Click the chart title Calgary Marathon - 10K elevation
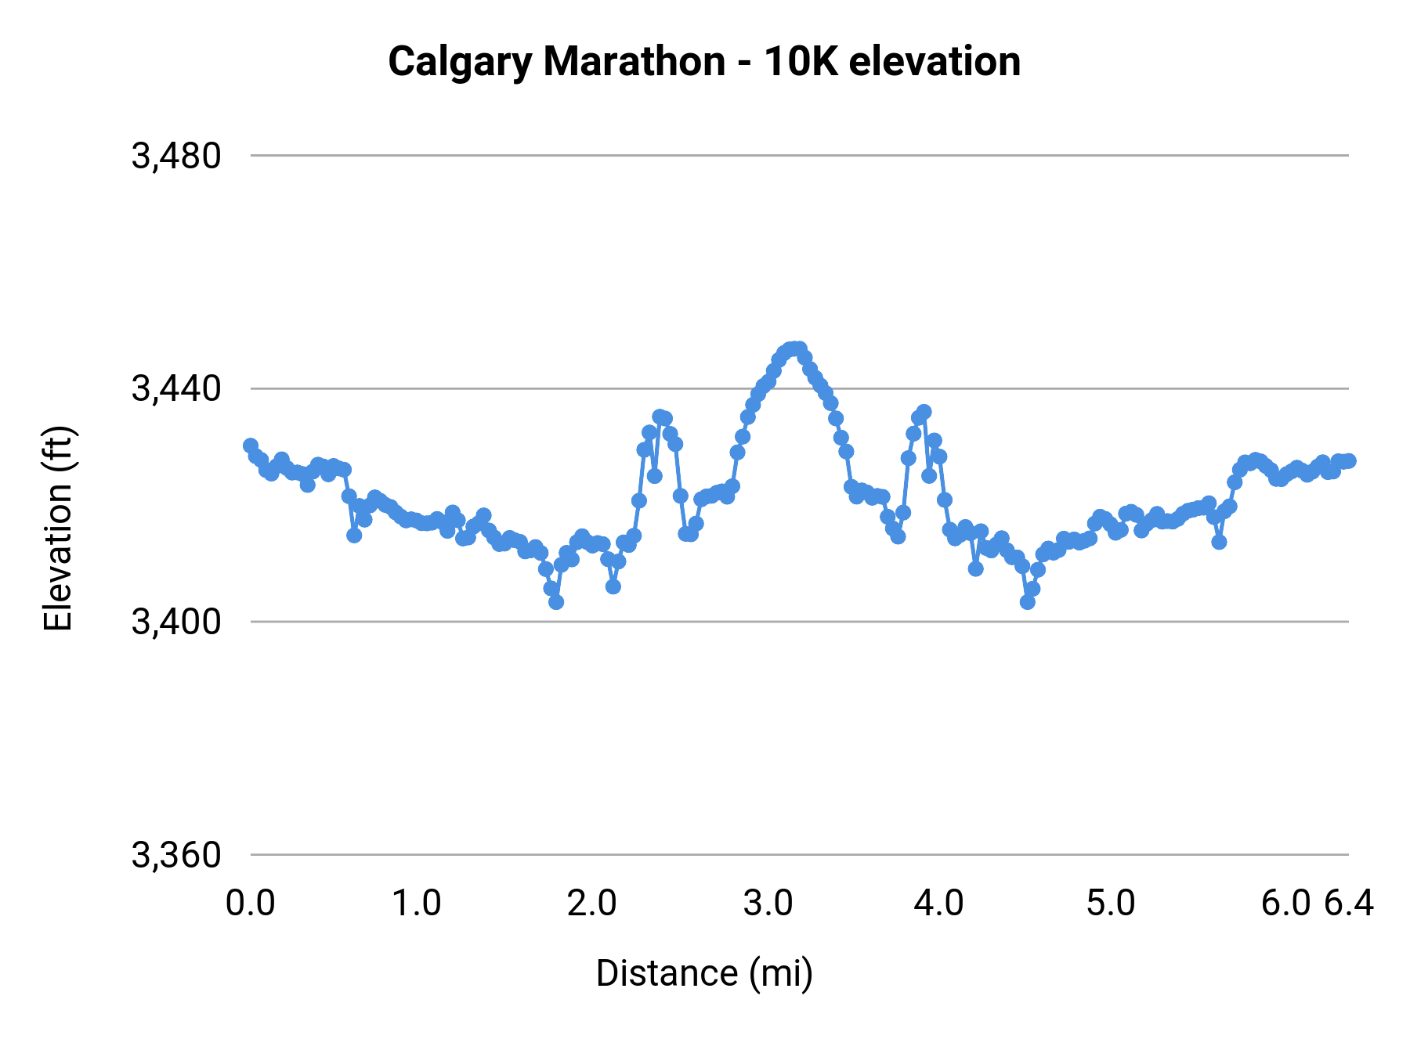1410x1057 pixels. pyautogui.click(x=704, y=61)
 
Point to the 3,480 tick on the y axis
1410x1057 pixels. pyautogui.click(x=176, y=156)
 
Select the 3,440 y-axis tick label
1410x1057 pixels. pyautogui.click(x=176, y=388)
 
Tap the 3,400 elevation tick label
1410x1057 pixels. pyautogui.click(x=176, y=622)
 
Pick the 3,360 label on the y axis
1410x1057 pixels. pyautogui.click(x=176, y=855)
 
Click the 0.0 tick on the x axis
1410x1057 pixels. pyautogui.click(x=251, y=904)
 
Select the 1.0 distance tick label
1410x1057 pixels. pyautogui.click(x=417, y=904)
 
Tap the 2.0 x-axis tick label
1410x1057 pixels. pyautogui.click(x=592, y=904)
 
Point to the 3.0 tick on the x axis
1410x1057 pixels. pyautogui.click(x=768, y=904)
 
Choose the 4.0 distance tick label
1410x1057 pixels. pyautogui.click(x=938, y=904)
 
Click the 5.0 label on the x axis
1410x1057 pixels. pyautogui.click(x=1111, y=904)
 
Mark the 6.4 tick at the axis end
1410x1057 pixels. pyautogui.click(x=1349, y=904)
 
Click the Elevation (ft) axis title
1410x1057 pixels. pyautogui.click(x=58, y=528)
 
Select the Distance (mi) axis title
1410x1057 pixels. pyautogui.click(x=704, y=973)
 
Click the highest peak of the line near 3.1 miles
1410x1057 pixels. pyautogui.click(x=794, y=348)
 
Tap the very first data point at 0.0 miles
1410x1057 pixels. pyautogui.click(x=251, y=446)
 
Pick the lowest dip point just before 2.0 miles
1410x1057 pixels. pyautogui.click(x=556, y=602)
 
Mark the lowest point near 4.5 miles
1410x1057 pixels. pyautogui.click(x=1028, y=602)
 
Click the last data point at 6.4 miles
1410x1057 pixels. pyautogui.click(x=1348, y=461)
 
